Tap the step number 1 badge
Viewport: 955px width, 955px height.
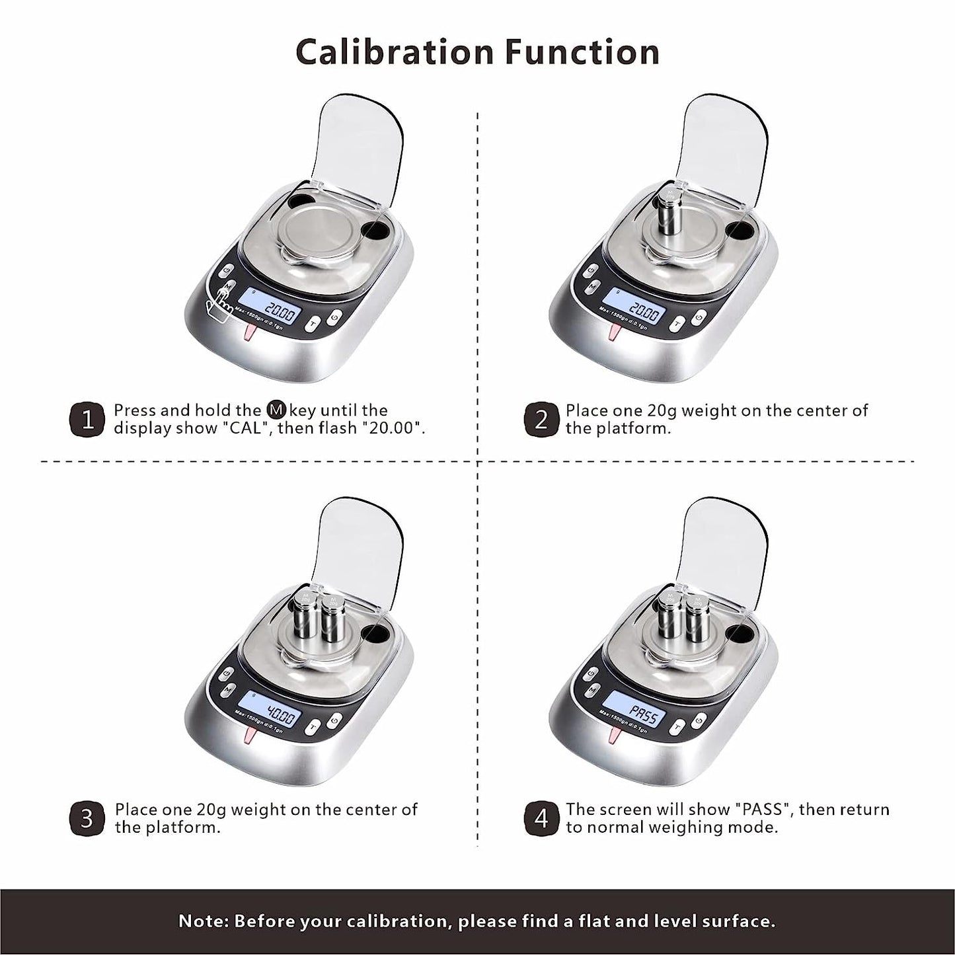pyautogui.click(x=87, y=420)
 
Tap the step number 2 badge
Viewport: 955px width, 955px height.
pyautogui.click(x=541, y=420)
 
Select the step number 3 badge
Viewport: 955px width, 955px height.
pyautogui.click(x=87, y=818)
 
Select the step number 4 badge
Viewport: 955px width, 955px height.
pyautogui.click(x=541, y=818)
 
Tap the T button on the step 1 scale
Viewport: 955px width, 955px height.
pyautogui.click(x=313, y=325)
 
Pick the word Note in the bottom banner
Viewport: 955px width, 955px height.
pyautogui.click(x=201, y=921)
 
